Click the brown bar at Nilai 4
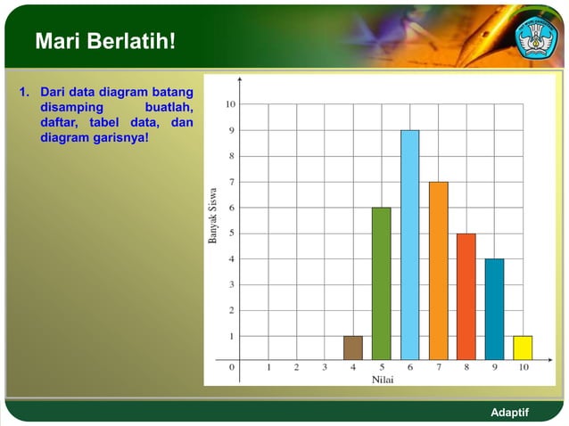353,348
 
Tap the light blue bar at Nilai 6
409,245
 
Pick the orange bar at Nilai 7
438,271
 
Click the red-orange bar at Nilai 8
466,297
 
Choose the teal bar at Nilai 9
494,309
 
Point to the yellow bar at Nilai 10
523,348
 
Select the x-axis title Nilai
381,380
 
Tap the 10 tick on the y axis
230,104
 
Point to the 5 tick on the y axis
232,233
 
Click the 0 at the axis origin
233,366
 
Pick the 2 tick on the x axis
297,366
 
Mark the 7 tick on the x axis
438,366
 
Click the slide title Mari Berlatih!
105,42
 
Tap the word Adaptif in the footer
510,412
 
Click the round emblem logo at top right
536,37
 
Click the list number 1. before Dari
25,91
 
